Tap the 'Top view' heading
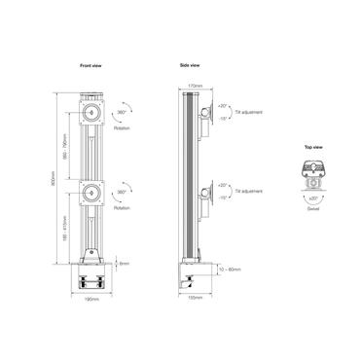point(314,146)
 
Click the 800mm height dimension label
point(56,176)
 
